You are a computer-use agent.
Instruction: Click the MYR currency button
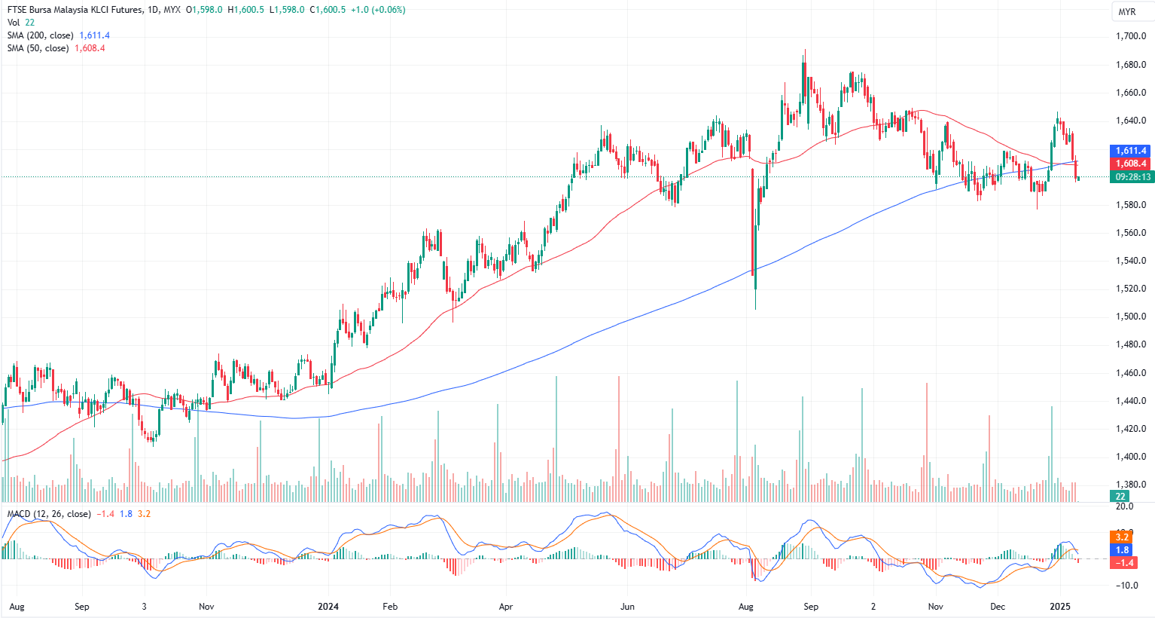point(1126,12)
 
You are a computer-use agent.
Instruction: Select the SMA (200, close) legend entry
point(41,35)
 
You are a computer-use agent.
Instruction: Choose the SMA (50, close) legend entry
point(38,48)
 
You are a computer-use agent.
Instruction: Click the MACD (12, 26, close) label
point(49,514)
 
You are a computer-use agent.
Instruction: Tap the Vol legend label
point(14,23)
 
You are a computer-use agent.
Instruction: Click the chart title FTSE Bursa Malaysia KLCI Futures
point(73,10)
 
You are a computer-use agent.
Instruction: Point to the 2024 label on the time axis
point(328,606)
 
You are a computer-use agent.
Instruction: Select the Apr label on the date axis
point(506,606)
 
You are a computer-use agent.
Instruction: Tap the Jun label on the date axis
point(627,606)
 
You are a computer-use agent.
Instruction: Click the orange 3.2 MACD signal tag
point(1122,537)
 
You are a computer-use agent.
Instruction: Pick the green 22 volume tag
point(1120,496)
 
